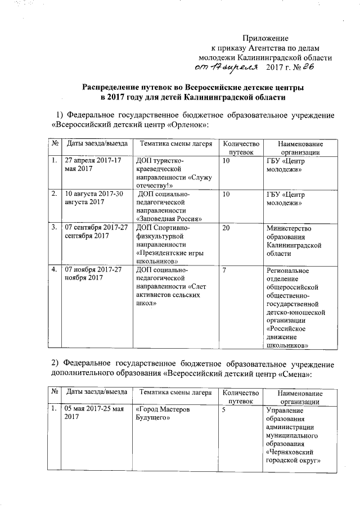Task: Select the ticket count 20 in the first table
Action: point(226,228)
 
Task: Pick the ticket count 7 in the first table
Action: point(224,271)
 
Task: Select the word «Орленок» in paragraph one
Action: point(188,124)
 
